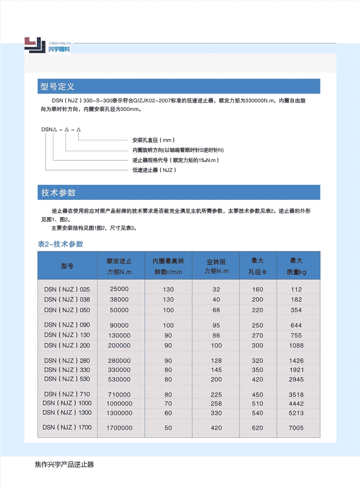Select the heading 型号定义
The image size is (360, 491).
pos(57,87)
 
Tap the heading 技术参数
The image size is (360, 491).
pos(58,192)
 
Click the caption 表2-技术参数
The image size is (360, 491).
pos(61,244)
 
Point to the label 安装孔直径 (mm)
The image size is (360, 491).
pos(153,140)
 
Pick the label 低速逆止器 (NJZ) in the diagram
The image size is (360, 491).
pos(154,170)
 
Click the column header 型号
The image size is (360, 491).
pos(67,266)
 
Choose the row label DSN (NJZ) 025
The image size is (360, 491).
pos(67,289)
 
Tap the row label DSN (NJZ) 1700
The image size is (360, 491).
pos(68,427)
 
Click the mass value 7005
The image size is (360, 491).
pos(296,428)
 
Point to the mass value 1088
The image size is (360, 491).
pos(296,345)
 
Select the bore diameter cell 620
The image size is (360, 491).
pos(258,428)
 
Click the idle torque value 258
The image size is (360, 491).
pos(216,404)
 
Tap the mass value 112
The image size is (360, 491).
pos(296,289)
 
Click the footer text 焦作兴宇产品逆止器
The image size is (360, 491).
pos(64,465)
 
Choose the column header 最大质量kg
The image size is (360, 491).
pos(296,266)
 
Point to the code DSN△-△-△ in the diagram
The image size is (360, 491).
pos(61,130)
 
